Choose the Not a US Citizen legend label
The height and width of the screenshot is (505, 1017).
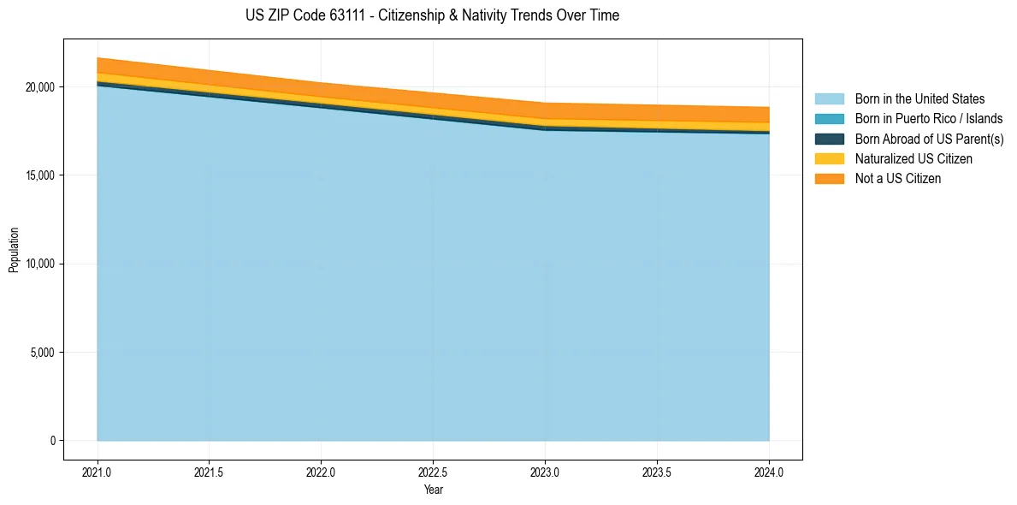click(x=897, y=179)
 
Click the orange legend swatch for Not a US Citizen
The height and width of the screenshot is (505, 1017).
click(x=829, y=179)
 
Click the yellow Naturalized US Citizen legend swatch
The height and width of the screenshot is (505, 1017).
click(x=829, y=159)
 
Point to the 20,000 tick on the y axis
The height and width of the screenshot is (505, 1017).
click(x=39, y=87)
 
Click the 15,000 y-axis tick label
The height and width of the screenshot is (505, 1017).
click(x=39, y=175)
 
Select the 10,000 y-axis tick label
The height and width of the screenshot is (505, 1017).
click(x=39, y=264)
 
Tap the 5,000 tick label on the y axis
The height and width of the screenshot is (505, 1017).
click(x=42, y=353)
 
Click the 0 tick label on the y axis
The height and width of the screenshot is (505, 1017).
click(x=52, y=441)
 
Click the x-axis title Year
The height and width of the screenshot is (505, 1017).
click(x=433, y=490)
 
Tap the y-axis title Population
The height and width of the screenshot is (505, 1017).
click(x=14, y=250)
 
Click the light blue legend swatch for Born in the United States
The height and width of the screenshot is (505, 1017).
click(x=829, y=99)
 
